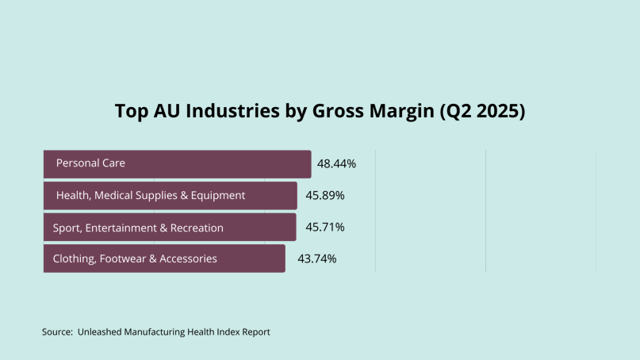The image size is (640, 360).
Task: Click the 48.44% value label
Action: (x=336, y=164)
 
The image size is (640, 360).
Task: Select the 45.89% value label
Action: (x=325, y=195)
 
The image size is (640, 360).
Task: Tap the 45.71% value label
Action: (x=325, y=228)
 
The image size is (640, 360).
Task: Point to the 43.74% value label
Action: (x=316, y=259)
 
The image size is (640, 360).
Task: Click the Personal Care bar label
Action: (x=90, y=163)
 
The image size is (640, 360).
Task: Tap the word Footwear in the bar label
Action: (x=125, y=259)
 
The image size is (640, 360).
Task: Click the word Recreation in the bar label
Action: (x=197, y=228)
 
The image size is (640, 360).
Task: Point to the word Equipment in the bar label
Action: (x=218, y=195)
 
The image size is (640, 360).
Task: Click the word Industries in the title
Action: (x=232, y=111)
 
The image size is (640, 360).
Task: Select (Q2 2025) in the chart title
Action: (x=481, y=111)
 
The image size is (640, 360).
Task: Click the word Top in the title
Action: (x=132, y=111)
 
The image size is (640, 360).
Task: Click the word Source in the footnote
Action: (x=57, y=332)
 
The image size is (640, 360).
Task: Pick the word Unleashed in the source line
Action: (x=101, y=332)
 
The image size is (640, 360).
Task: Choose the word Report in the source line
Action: (x=255, y=332)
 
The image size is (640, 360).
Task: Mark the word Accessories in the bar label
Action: (x=188, y=259)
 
